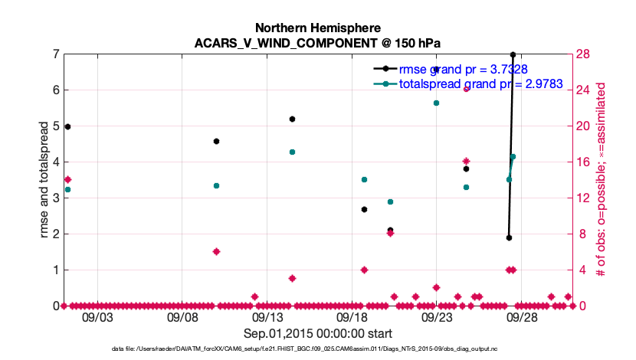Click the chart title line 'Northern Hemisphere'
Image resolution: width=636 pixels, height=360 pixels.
[317, 28]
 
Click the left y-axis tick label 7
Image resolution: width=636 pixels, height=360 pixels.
[56, 54]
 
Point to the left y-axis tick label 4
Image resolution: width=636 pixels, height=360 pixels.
[56, 162]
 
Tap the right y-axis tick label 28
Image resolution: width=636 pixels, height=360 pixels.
[583, 54]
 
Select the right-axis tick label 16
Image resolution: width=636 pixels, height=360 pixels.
[583, 162]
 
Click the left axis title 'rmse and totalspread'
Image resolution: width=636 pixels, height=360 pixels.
[44, 180]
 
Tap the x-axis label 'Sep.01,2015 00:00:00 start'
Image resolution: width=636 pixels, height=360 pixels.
[317, 333]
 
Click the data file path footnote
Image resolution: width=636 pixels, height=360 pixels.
[317, 349]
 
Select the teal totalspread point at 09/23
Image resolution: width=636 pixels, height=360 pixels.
[436, 103]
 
